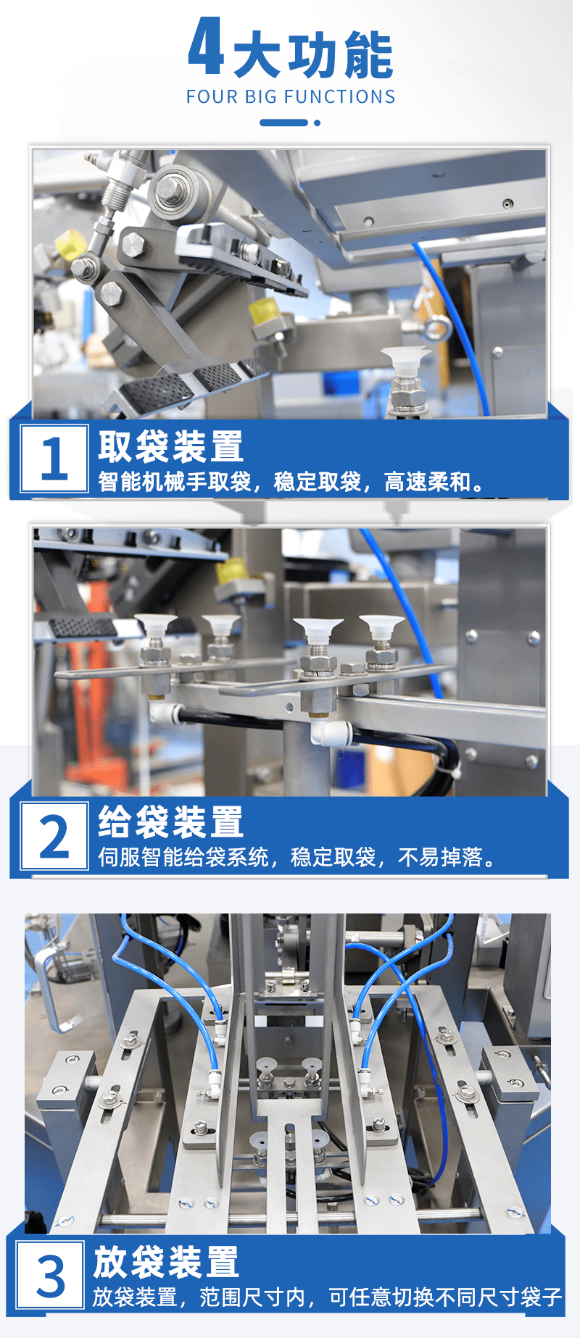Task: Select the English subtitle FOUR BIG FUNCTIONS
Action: pyautogui.click(x=291, y=97)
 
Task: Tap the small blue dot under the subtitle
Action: pyautogui.click(x=317, y=122)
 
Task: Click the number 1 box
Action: pyautogui.click(x=54, y=459)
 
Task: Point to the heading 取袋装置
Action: pyautogui.click(x=171, y=446)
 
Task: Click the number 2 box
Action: pyautogui.click(x=54, y=835)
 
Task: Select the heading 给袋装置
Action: pyautogui.click(x=171, y=822)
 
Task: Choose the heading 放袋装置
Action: pyautogui.click(x=166, y=1263)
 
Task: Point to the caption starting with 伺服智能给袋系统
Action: pyautogui.click(x=298, y=858)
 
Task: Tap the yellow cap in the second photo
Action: pyautogui.click(x=233, y=571)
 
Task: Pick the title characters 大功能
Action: pyautogui.click(x=313, y=54)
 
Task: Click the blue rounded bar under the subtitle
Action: pyautogui.click(x=284, y=122)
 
